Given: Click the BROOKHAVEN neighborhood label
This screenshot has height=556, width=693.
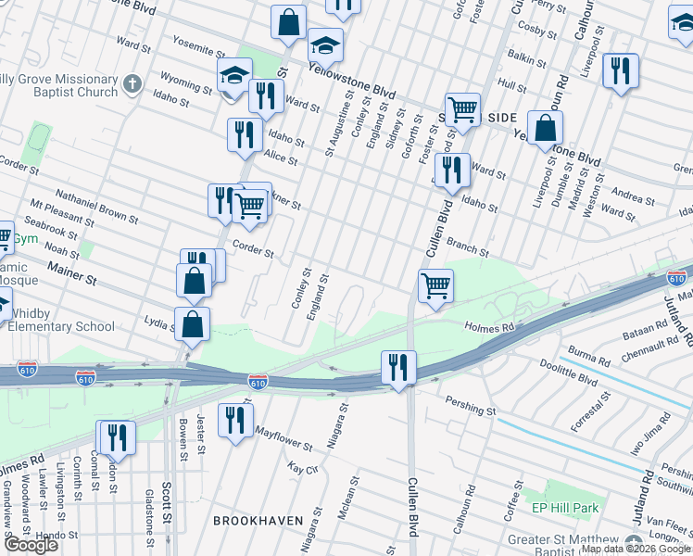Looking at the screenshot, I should tap(258, 521).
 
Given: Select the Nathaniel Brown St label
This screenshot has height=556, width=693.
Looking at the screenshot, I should tap(96, 208).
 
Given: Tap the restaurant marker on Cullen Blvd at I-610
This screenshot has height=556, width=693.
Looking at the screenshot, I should tap(398, 366).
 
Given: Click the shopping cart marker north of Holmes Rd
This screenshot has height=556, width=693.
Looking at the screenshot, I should tap(435, 285).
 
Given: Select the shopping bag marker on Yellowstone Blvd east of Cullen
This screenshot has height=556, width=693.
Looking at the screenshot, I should tap(546, 127).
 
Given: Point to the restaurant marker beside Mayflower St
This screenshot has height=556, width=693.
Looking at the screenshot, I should tap(236, 419).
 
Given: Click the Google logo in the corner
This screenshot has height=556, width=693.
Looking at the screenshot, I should tap(31, 545).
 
